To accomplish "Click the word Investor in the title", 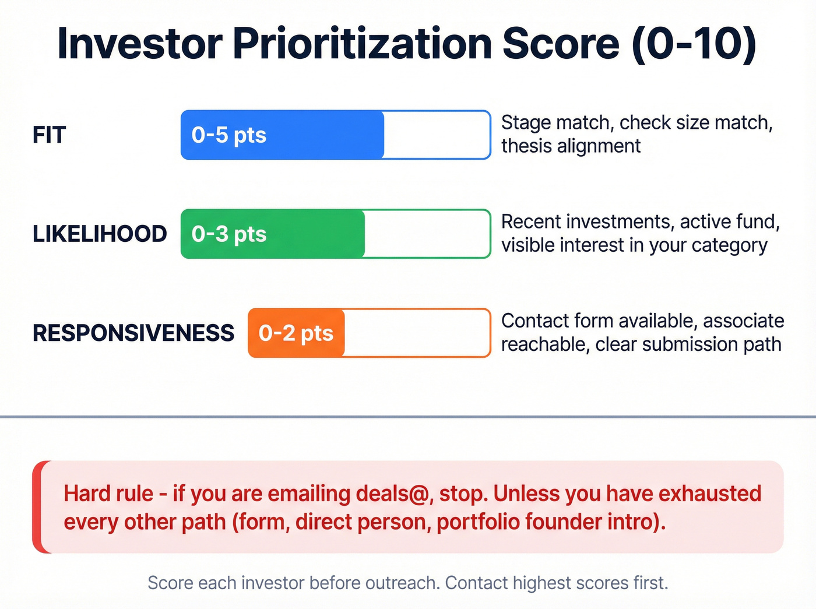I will (x=140, y=44).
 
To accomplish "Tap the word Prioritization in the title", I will (x=363, y=44).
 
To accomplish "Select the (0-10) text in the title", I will (x=694, y=44).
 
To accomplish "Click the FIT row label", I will (x=50, y=135).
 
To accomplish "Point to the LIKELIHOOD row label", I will (x=100, y=234).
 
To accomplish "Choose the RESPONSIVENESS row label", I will (x=133, y=333).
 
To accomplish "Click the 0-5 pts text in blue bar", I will (x=228, y=135).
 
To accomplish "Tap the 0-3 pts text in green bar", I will (x=228, y=234).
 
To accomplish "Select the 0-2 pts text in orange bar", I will (x=296, y=333).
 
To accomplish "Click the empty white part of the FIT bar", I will (x=436, y=135).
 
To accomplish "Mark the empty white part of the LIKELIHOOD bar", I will (x=427, y=234).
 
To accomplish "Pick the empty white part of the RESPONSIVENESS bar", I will (x=416, y=333).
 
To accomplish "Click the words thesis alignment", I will (x=571, y=146).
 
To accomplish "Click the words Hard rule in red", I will (x=108, y=494).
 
